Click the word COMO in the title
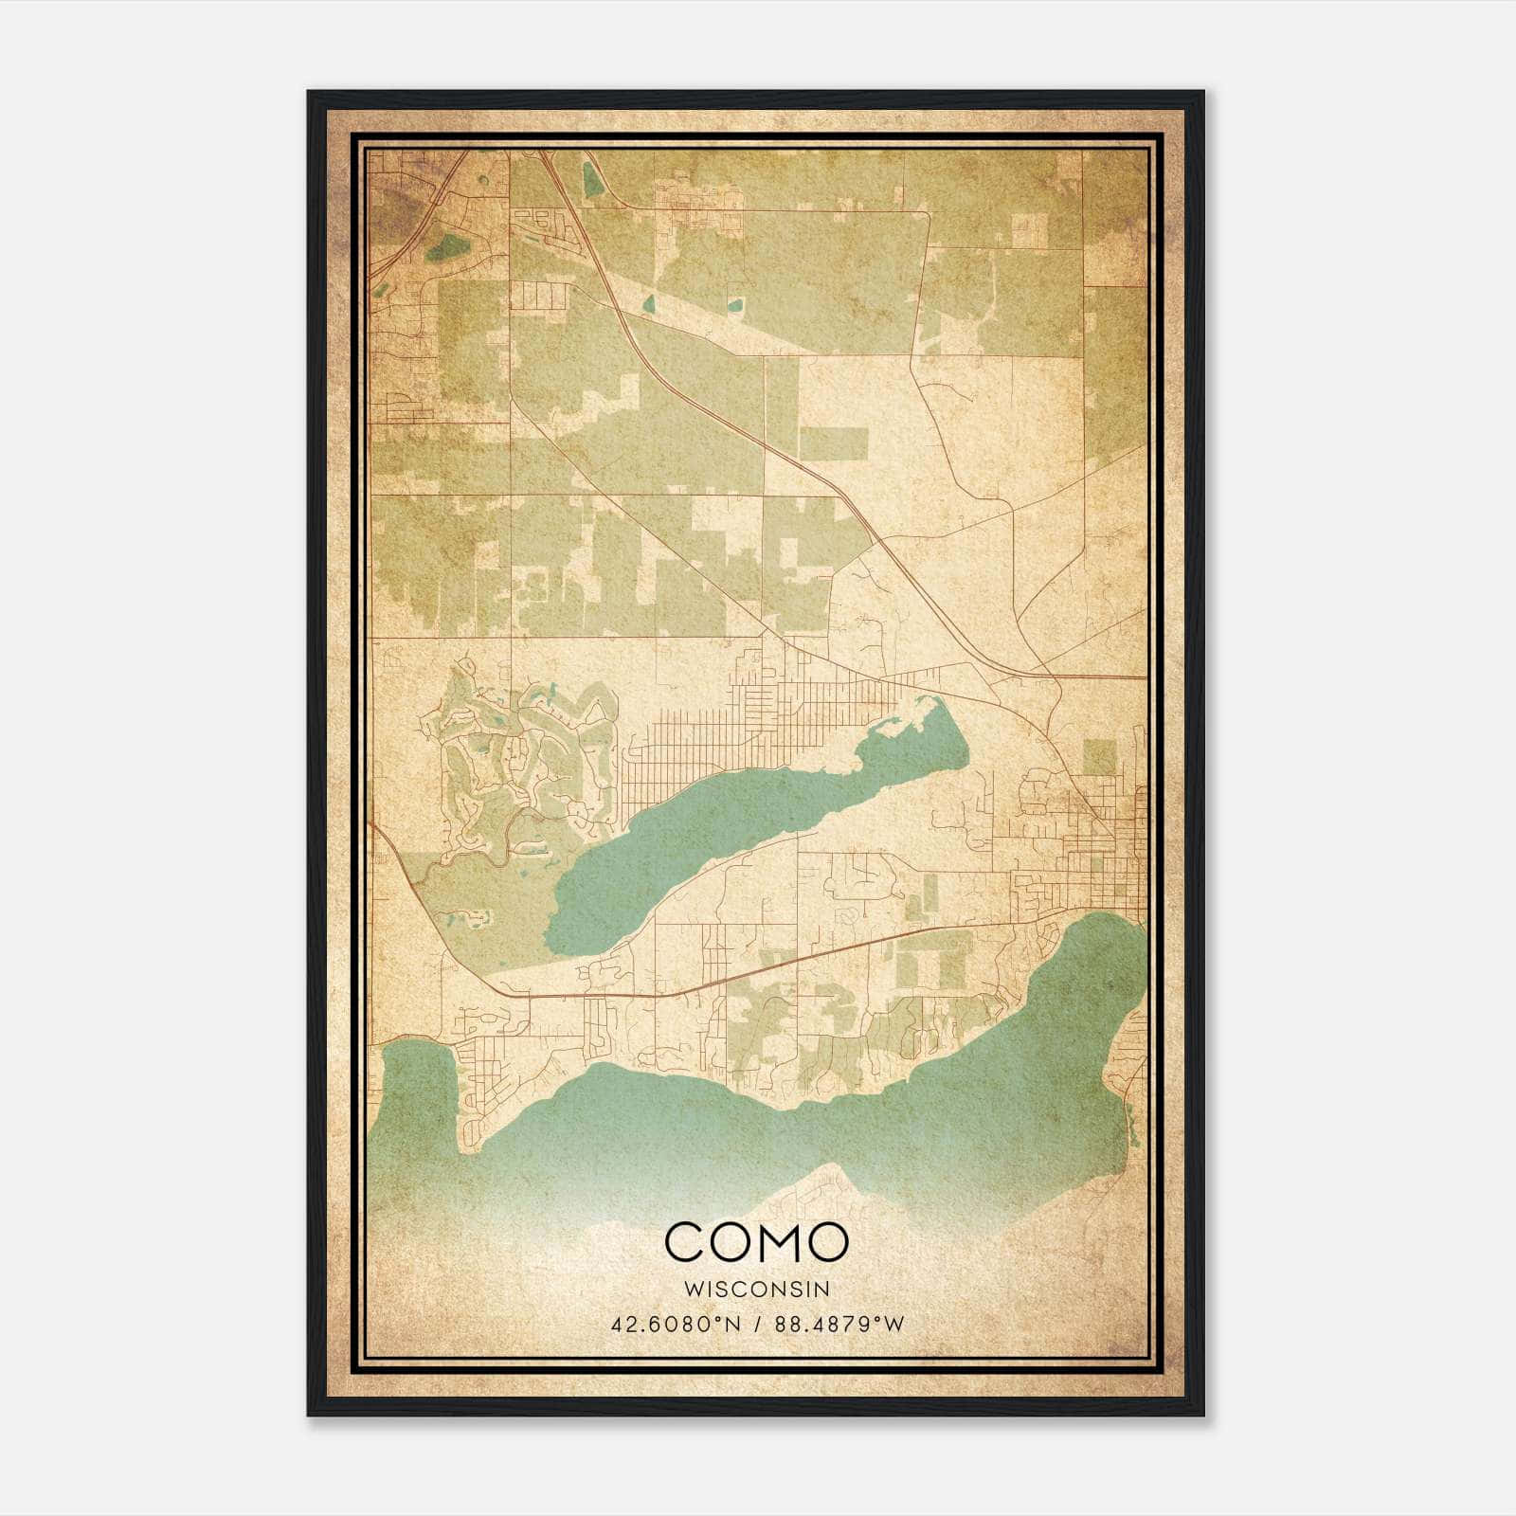tap(756, 1241)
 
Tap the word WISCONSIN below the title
tap(756, 1290)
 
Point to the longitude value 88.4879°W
tap(839, 1324)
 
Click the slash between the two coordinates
tap(757, 1324)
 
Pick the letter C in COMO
tap(685, 1241)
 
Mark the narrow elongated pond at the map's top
tap(591, 180)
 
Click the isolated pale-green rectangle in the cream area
tap(833, 443)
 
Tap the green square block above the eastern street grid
tap(1099, 757)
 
